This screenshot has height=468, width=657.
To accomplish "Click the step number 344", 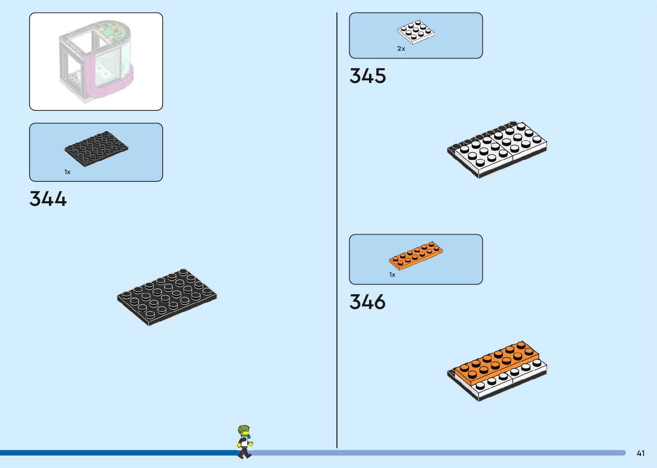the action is [48, 199].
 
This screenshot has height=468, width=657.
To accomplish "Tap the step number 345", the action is [368, 76].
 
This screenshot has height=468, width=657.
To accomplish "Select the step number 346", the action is [368, 302].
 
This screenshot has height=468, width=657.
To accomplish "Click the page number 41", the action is [641, 453].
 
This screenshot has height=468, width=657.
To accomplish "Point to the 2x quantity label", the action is [401, 49].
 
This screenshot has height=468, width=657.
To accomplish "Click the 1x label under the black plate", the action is [67, 172].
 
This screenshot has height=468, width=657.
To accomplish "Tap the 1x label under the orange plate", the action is [392, 275].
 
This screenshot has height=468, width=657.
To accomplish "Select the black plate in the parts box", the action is [96, 149].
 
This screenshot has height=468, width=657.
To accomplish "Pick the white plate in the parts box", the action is [415, 32].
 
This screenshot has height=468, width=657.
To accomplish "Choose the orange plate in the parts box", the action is [416, 257].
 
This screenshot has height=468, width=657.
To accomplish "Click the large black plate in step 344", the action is [167, 297].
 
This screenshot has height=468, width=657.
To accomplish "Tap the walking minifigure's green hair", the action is [243, 429].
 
